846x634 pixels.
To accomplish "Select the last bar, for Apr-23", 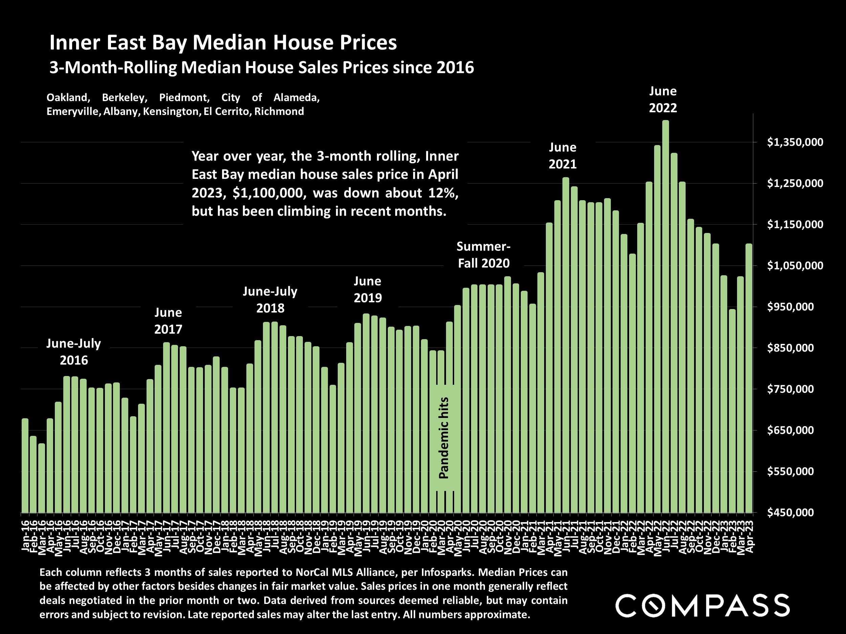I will [x=749, y=378].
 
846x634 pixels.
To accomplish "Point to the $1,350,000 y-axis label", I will [x=795, y=142].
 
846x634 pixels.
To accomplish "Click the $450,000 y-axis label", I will [x=795, y=513].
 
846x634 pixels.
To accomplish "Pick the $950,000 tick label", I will [x=795, y=307].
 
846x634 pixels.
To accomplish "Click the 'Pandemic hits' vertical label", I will [x=444, y=438].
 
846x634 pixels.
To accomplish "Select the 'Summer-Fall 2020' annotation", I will [x=484, y=255].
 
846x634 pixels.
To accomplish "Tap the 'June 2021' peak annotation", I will [x=563, y=156].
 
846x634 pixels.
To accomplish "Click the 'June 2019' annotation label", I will [x=368, y=289].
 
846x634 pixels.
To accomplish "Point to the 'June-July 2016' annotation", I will [x=73, y=352].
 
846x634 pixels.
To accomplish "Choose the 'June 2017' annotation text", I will [x=168, y=321].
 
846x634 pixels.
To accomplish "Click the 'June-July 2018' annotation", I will [x=270, y=300].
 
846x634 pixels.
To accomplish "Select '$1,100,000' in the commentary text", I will [x=269, y=193].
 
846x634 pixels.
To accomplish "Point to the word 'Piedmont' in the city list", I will [x=184, y=97].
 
